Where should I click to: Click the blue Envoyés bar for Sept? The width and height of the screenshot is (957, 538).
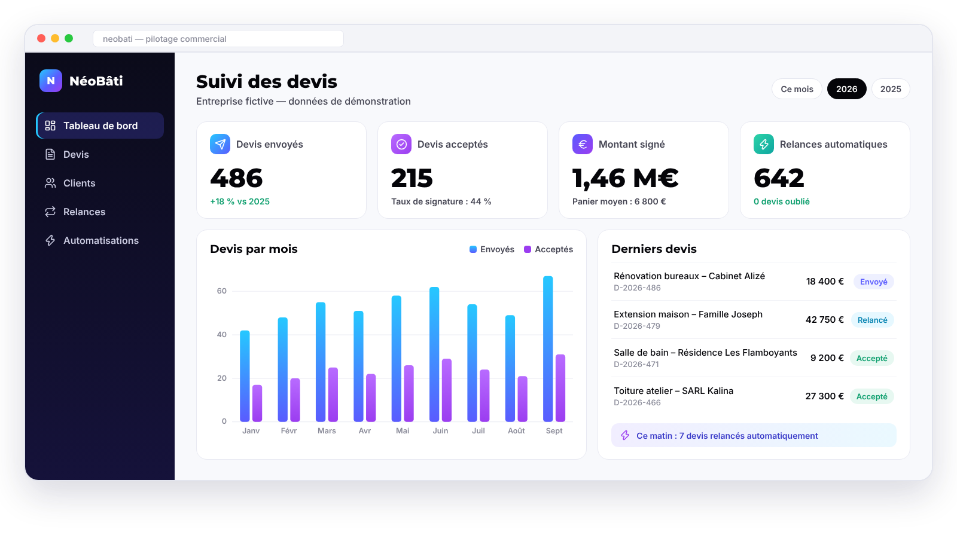point(548,349)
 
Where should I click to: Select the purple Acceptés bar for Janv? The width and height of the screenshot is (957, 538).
point(257,403)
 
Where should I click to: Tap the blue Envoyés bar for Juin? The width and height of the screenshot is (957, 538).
point(434,354)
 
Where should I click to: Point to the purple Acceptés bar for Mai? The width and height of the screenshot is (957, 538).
point(409,393)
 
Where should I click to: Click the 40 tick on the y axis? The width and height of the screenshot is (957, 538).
point(222,334)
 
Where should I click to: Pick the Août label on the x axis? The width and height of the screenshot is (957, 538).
point(516,431)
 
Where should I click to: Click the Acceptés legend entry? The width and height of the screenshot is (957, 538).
point(548,249)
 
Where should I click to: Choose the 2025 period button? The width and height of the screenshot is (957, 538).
point(891,89)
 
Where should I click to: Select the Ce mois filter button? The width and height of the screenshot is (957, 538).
point(797,89)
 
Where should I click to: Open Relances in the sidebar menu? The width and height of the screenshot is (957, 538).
point(84,212)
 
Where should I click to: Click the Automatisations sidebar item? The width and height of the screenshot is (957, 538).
point(101,240)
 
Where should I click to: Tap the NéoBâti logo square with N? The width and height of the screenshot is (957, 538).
point(51,81)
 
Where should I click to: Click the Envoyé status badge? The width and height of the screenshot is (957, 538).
point(874,282)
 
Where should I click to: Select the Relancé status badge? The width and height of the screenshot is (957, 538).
point(873,320)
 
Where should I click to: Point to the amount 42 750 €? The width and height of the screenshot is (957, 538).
point(825,320)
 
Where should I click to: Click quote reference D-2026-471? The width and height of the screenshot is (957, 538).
point(636,364)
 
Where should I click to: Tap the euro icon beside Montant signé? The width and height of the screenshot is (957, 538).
point(583,144)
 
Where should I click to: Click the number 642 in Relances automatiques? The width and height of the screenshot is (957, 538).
point(779,178)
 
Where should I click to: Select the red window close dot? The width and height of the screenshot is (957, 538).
point(41,38)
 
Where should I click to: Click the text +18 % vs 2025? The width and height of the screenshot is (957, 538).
point(240,201)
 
